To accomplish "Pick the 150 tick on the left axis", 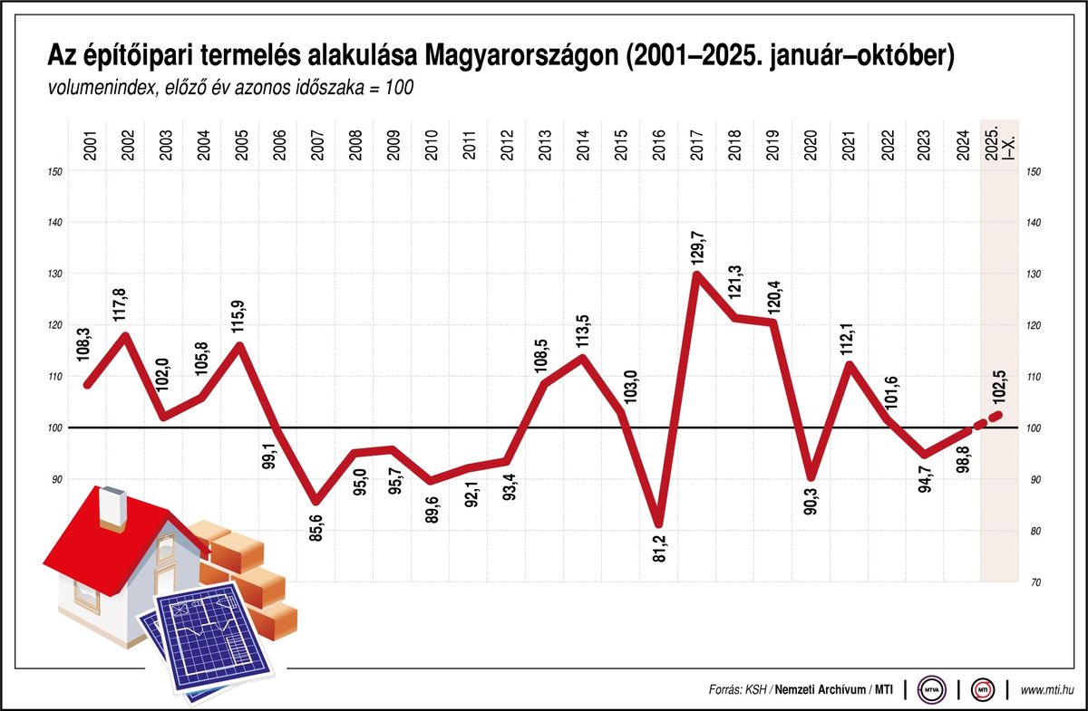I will [x=57, y=171].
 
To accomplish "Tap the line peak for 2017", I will [x=697, y=274].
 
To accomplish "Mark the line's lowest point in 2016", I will [x=659, y=524].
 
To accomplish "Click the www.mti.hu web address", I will [x=1048, y=690].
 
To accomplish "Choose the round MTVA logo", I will [x=930, y=690].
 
